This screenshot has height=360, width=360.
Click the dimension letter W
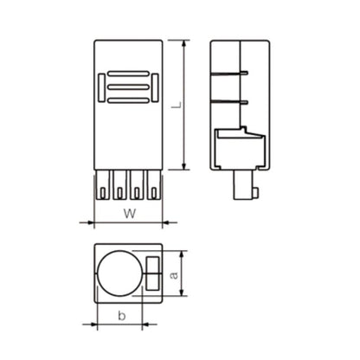[127, 213]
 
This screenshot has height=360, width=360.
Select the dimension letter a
[174, 276]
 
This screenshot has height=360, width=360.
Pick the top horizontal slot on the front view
[128, 73]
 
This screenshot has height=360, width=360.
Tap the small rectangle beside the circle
[154, 275]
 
